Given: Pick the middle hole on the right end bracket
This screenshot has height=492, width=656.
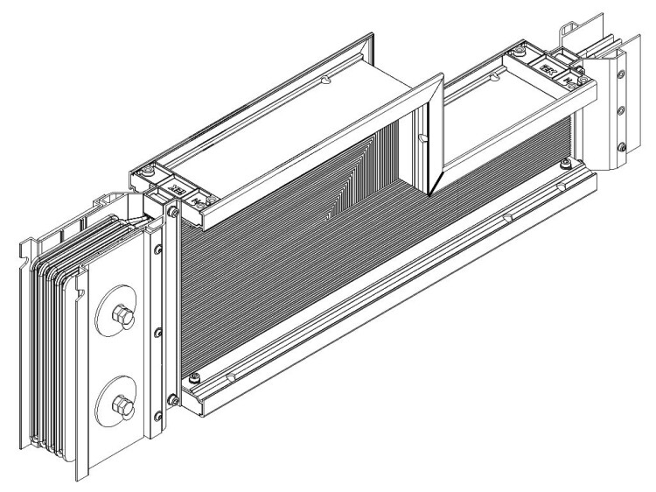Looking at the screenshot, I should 622,110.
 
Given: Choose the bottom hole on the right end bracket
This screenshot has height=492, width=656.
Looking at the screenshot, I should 622,146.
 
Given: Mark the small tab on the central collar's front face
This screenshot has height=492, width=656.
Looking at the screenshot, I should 422,138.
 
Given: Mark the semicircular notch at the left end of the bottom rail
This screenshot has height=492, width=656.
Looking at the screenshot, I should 229,378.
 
